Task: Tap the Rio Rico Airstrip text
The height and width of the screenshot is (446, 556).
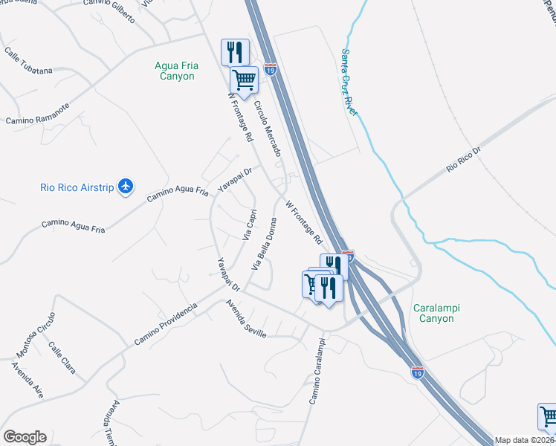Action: [77, 187]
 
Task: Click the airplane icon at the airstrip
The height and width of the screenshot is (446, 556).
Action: [126, 187]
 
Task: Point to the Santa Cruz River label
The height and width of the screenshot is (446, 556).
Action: [349, 82]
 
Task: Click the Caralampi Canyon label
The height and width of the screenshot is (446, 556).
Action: [433, 312]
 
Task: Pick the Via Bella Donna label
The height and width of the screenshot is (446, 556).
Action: [265, 243]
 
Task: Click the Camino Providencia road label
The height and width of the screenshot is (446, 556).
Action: [166, 323]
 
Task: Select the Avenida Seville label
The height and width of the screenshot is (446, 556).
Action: [247, 318]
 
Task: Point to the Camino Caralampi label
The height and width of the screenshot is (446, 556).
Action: [317, 372]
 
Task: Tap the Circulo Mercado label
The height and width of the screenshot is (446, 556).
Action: [268, 128]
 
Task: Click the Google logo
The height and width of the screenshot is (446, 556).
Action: [24, 437]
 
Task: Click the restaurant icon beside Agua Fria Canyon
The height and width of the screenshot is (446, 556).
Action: [235, 51]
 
